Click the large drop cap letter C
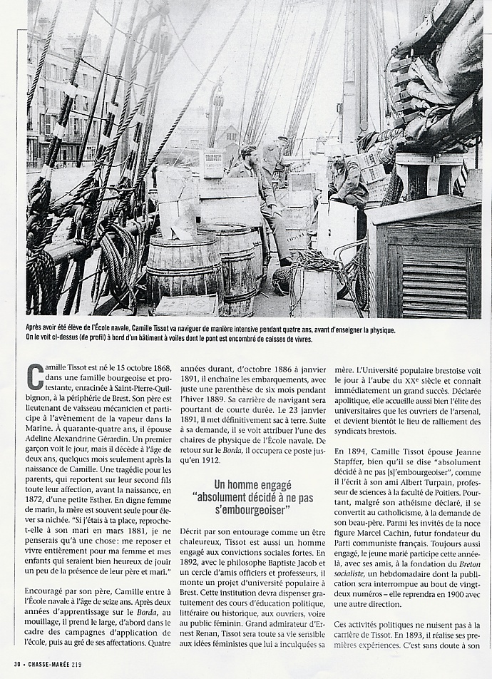pyautogui.click(x=34, y=376)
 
